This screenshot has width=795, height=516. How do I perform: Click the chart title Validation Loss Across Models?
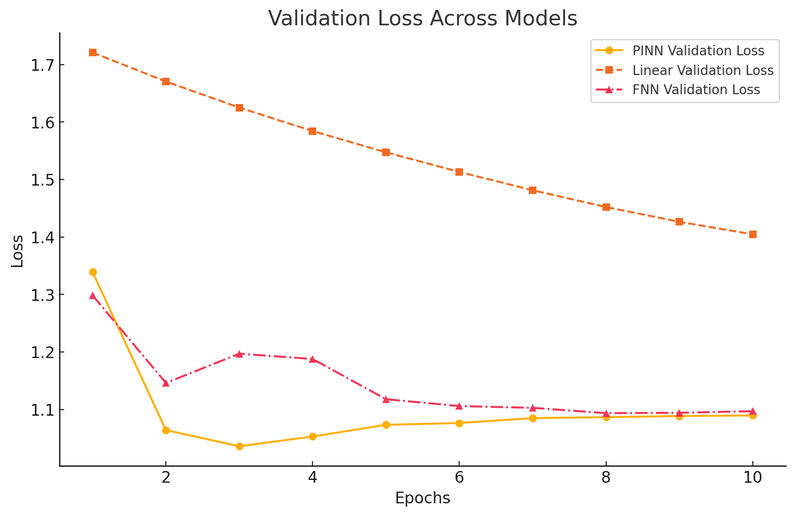click(x=422, y=19)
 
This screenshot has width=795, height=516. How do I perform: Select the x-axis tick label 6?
click(x=459, y=478)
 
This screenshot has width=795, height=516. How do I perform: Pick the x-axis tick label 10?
click(x=752, y=478)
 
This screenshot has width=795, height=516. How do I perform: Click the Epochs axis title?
click(x=422, y=498)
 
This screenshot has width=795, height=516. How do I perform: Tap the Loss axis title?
click(x=17, y=251)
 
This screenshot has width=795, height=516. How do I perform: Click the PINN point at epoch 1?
click(x=93, y=272)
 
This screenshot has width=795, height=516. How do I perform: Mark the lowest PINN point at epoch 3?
click(x=239, y=446)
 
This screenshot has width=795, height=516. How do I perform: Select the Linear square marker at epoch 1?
click(x=93, y=52)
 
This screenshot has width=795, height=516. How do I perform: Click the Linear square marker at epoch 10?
click(x=753, y=234)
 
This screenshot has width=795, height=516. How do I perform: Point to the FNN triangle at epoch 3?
click(x=239, y=354)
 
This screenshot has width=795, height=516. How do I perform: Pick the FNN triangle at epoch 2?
click(x=166, y=383)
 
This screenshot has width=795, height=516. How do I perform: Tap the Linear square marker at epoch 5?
click(x=386, y=152)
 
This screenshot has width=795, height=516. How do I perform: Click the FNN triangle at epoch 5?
click(x=386, y=399)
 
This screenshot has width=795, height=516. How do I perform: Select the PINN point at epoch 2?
click(x=166, y=430)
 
